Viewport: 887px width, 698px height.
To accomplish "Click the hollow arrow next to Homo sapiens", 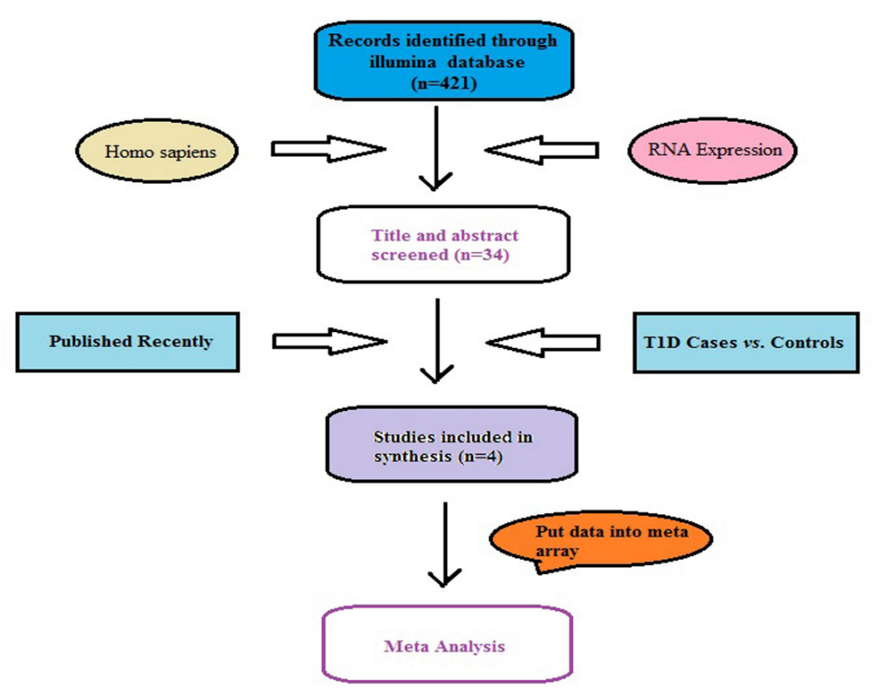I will (328, 150).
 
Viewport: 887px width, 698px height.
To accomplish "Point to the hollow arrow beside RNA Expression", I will (542, 151).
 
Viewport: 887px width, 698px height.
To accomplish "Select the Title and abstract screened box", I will (443, 245).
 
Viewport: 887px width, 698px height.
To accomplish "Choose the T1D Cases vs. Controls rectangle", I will (746, 342).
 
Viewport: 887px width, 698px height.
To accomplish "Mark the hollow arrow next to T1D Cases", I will (542, 341).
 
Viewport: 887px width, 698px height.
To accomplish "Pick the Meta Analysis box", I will (446, 646).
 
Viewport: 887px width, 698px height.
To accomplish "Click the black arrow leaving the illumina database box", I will (436, 150).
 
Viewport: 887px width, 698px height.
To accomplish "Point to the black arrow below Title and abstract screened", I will (436, 341).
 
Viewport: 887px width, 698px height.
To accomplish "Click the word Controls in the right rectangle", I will (806, 343).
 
